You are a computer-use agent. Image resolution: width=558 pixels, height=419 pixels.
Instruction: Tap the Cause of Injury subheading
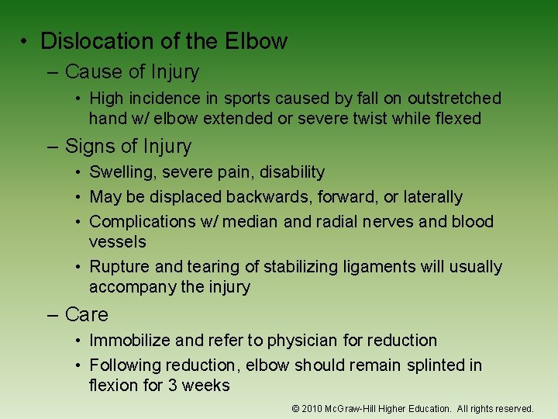[132, 72]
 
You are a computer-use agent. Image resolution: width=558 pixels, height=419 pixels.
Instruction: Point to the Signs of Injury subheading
[128, 147]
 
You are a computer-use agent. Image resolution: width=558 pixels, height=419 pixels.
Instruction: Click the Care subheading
[87, 315]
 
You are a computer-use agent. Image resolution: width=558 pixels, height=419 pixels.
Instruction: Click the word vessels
[117, 242]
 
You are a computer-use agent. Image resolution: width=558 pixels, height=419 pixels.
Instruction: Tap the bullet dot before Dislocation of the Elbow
[26, 41]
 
